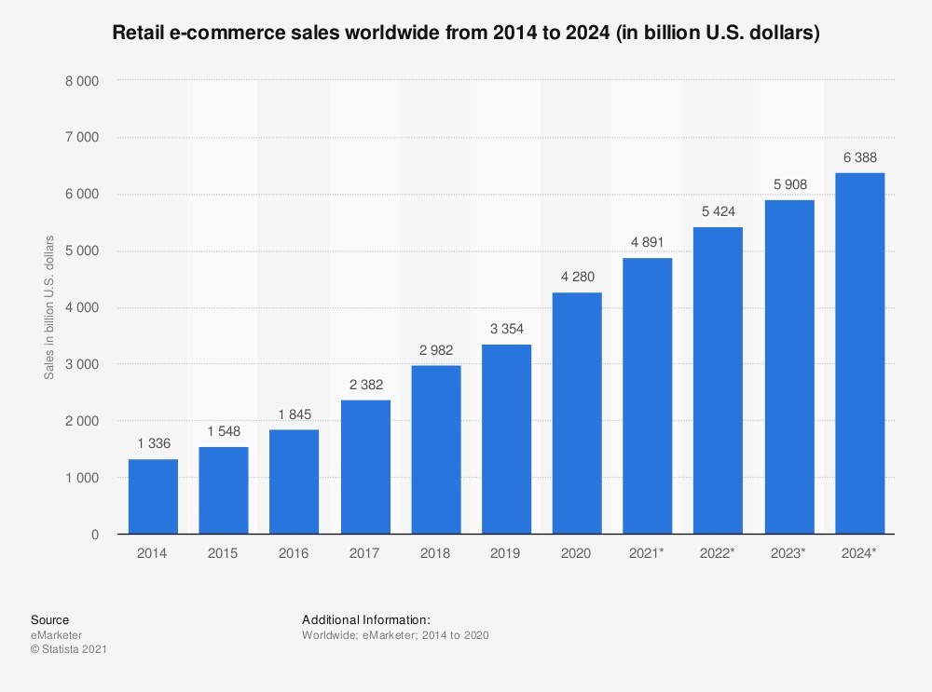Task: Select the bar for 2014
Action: pyautogui.click(x=153, y=496)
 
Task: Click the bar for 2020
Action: pyautogui.click(x=577, y=414)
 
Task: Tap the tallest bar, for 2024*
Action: pyautogui.click(x=859, y=354)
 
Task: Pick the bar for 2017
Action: pyautogui.click(x=365, y=467)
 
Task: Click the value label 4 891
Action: pyautogui.click(x=648, y=241)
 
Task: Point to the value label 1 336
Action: pyautogui.click(x=153, y=443)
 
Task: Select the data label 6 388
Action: pyautogui.click(x=859, y=156)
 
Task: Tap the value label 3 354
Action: pyautogui.click(x=506, y=329)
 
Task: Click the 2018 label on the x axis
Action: pyautogui.click(x=435, y=553)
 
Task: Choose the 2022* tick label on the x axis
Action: pyautogui.click(x=719, y=553)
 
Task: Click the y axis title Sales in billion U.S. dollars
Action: pyautogui.click(x=49, y=308)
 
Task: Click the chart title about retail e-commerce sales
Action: pyautogui.click(x=466, y=34)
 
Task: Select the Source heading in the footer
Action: pyautogui.click(x=49, y=620)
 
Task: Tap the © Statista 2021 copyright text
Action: pyautogui.click(x=69, y=649)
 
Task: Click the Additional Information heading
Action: pyautogui.click(x=366, y=620)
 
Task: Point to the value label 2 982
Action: pyautogui.click(x=435, y=349)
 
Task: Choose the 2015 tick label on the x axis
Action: pyautogui.click(x=224, y=553)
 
